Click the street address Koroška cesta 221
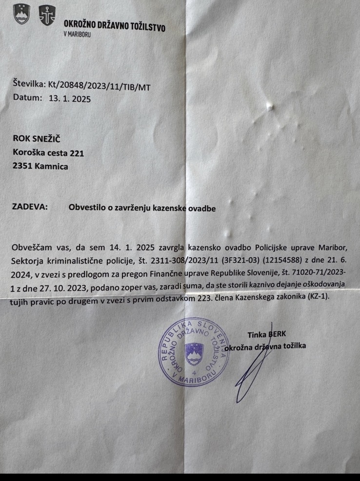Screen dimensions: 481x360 coord(49,154)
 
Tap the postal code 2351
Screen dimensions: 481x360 coord(23,166)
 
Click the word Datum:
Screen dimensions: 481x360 coord(28,97)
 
